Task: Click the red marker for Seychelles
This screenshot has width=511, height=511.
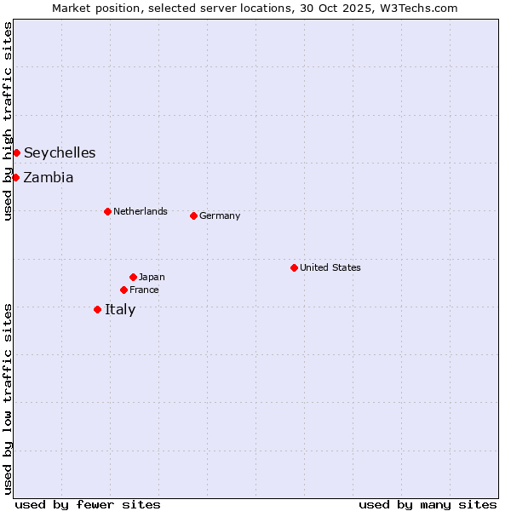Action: (16, 152)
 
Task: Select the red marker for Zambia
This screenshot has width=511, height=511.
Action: (15, 177)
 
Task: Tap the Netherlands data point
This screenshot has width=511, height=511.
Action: (107, 211)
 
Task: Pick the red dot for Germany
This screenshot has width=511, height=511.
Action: (193, 215)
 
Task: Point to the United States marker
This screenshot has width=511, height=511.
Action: (294, 267)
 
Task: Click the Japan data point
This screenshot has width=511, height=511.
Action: (133, 277)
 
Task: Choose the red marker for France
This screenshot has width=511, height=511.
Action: (123, 290)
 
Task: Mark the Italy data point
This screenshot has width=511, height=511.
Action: (97, 309)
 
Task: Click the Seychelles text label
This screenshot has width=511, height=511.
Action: (60, 153)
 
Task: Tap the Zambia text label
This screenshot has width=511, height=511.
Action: (49, 178)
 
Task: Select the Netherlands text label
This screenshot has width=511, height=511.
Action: (141, 211)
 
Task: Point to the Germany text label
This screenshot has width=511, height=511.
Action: (220, 215)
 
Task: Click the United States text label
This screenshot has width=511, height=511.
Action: (330, 267)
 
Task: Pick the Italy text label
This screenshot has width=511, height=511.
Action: (120, 310)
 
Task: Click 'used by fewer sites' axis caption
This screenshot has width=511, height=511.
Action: (88, 504)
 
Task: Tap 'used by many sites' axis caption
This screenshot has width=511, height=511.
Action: (428, 504)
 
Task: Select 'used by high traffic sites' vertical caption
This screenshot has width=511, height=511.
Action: (8, 121)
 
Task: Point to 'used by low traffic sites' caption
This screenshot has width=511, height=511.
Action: (8, 399)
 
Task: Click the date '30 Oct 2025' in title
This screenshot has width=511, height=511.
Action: (339, 8)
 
